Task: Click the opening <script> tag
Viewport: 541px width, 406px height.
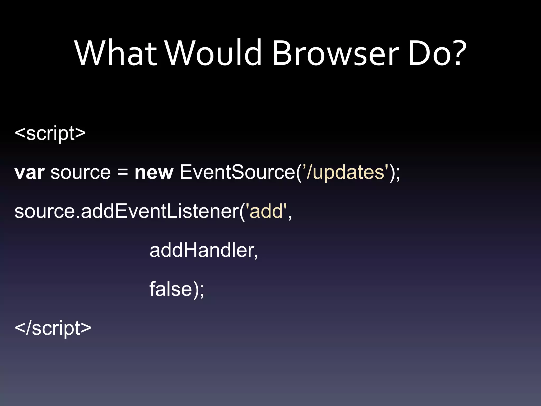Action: pos(50,133)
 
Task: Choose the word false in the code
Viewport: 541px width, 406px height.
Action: pos(170,289)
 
